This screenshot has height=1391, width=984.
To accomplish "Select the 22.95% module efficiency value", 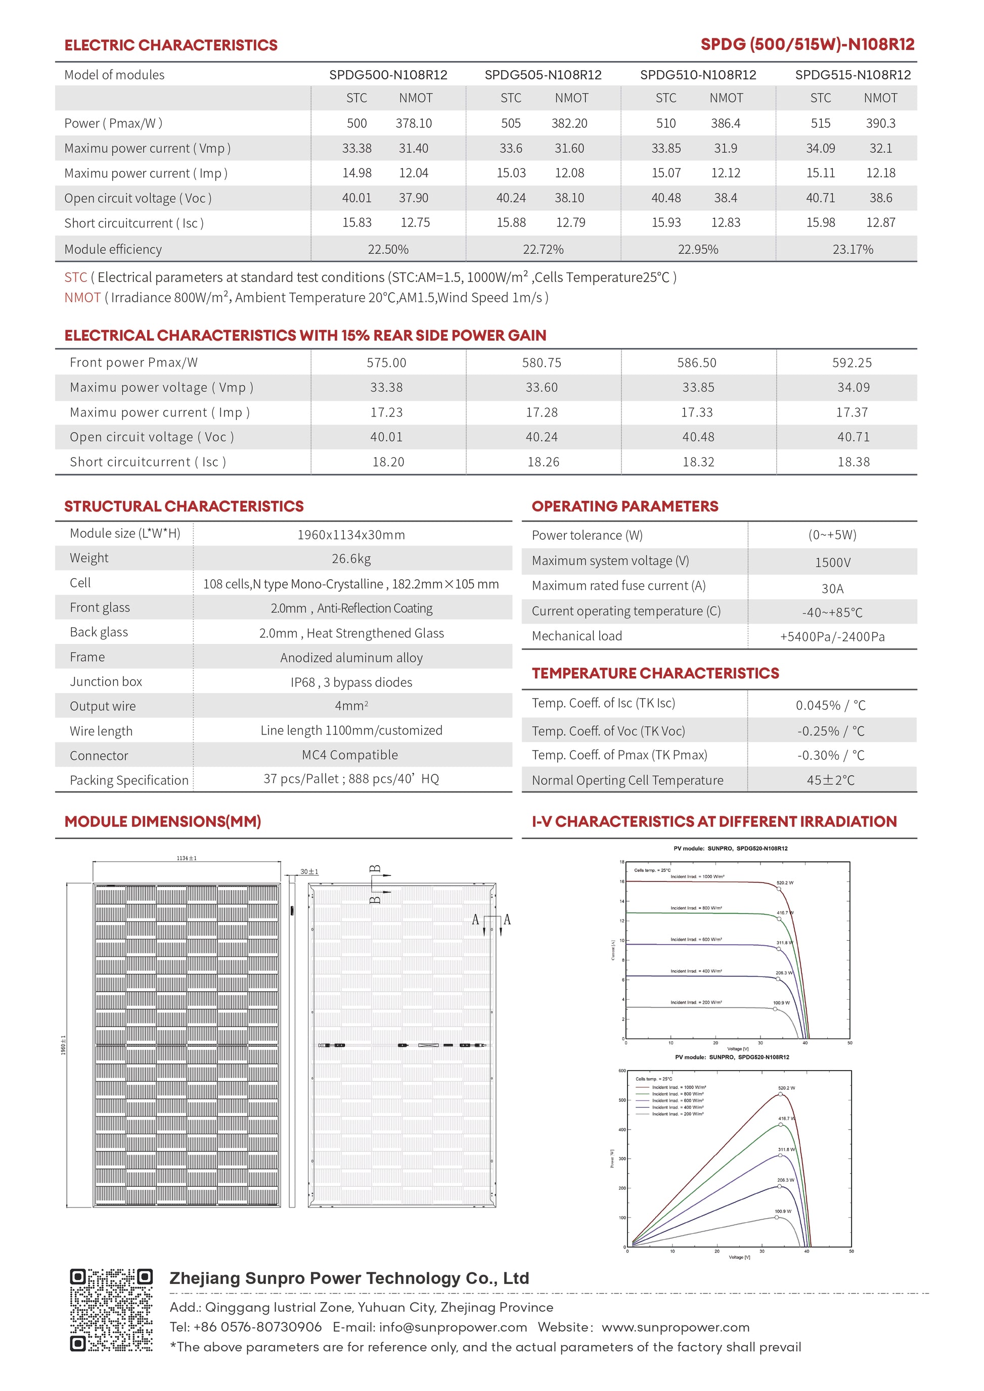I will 698,250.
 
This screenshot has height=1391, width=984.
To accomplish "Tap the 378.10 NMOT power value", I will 414,124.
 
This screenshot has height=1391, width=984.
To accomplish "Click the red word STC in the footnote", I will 76,277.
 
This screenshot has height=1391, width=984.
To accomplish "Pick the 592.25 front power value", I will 852,363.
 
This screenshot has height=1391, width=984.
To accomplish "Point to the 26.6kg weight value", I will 351,559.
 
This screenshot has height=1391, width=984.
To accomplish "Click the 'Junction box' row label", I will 106,681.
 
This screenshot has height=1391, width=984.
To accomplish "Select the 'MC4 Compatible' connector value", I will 350,755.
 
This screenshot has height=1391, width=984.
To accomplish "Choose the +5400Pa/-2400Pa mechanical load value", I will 832,637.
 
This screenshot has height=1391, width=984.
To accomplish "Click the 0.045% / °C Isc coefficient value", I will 831,706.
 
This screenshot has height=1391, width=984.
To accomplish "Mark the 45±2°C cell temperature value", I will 831,780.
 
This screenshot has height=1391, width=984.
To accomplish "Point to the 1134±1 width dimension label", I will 187,858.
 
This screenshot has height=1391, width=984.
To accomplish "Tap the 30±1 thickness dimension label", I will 309,872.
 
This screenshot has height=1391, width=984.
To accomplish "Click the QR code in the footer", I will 111,1310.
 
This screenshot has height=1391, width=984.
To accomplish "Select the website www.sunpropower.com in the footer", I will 676,1327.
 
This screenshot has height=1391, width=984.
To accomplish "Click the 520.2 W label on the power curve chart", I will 786,1088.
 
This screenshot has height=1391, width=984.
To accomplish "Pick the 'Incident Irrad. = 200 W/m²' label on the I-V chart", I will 696,1003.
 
